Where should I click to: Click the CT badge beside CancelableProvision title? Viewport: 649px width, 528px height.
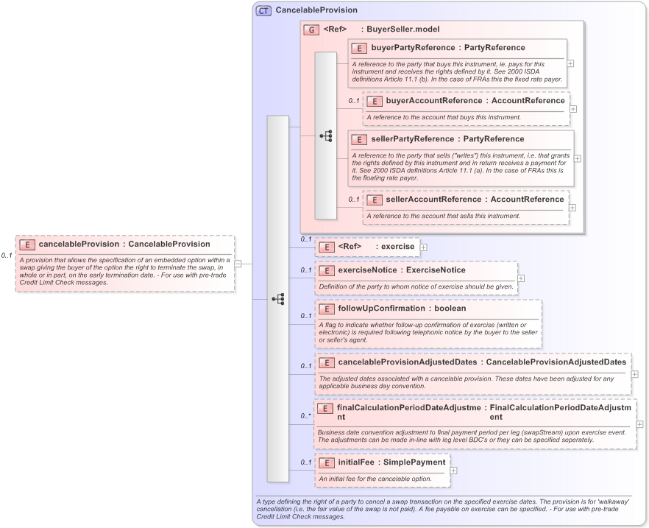pos(263,10)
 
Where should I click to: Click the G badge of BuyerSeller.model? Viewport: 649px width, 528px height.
pos(311,30)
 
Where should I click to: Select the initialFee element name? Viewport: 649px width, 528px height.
pos(355,462)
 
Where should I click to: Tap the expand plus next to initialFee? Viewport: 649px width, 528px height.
pos(453,470)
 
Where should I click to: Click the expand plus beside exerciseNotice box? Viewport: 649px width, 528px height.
pos(521,278)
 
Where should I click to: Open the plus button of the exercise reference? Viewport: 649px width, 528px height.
pos(423,247)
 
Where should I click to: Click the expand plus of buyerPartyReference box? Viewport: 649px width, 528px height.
pos(571,63)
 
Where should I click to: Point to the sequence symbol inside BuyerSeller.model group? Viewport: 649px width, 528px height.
pos(325,135)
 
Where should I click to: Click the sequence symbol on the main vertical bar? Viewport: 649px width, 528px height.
pos(277,299)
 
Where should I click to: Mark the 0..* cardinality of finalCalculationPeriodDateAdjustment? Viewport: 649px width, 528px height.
pos(305,416)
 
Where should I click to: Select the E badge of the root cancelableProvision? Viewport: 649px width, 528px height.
pos(26,244)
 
